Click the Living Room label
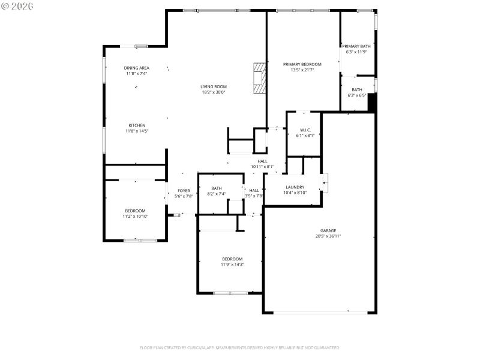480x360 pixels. coord(214,86)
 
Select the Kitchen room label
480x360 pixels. coord(137,125)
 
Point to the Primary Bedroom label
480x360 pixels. coord(302,64)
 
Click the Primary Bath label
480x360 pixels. coord(356,46)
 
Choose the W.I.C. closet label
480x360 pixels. coord(305,130)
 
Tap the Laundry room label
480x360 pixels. coord(295,187)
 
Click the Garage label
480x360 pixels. coord(328,230)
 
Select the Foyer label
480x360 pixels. coord(184,191)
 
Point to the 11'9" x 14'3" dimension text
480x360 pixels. coord(232,264)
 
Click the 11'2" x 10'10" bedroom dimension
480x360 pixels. coord(135,216)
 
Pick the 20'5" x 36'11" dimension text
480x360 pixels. coord(328,236)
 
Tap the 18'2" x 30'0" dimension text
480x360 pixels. coord(214,92)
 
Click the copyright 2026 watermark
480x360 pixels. coord(17,6)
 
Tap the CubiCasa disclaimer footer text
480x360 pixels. coord(240,347)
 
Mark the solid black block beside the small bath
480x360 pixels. coord(371,103)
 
